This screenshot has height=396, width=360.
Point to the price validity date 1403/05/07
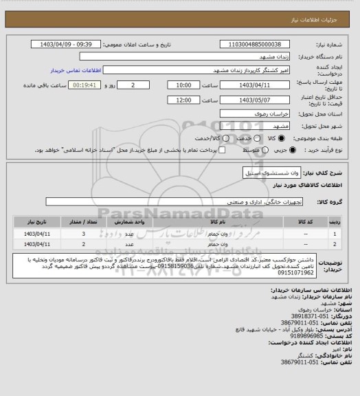[252, 100]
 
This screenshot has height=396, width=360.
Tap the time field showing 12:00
[183, 100]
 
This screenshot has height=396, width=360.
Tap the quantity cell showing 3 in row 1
[84, 234]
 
